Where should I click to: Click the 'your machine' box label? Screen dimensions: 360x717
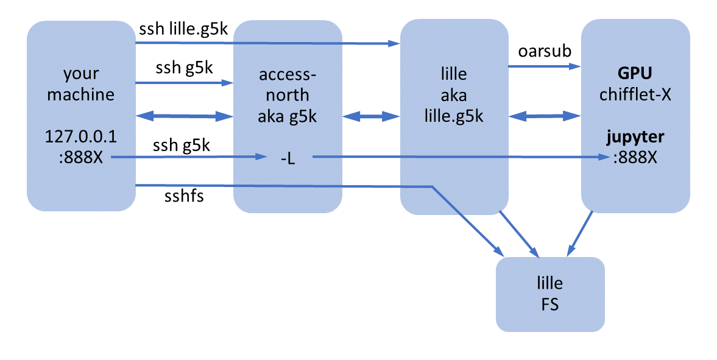coord(81,85)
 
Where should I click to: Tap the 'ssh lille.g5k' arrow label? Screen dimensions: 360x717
coord(183,30)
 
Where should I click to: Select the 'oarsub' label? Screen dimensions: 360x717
coord(544,51)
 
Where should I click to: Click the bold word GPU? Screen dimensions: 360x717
coord(635,74)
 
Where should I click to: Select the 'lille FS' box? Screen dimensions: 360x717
coord(550,294)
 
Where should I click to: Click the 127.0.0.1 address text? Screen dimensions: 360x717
coord(81,137)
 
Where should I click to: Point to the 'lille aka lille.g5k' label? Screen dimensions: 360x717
coord(454,95)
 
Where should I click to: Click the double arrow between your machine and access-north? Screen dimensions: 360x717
coord(185,115)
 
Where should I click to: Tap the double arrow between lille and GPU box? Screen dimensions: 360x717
coord(545,115)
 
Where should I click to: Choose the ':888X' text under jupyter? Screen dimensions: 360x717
coord(635,157)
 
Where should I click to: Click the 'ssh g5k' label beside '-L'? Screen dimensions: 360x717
coord(183,147)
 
